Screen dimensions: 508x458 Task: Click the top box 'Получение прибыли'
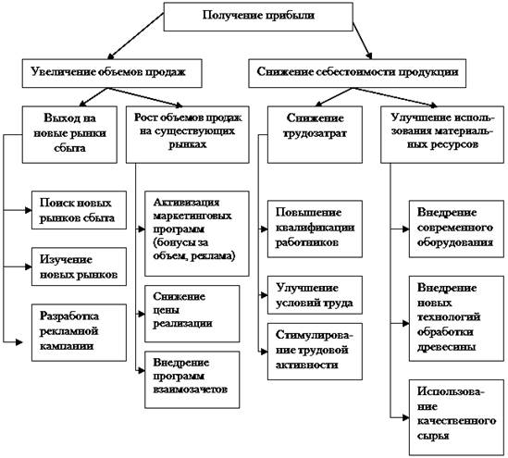click(x=258, y=17)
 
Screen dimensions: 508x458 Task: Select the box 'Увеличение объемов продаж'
click(x=112, y=73)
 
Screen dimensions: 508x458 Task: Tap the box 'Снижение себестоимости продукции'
click(x=357, y=73)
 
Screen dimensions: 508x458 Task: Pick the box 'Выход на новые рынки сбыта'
click(x=69, y=134)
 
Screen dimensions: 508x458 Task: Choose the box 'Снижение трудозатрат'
click(x=315, y=134)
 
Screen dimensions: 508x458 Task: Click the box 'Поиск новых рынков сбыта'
click(x=79, y=210)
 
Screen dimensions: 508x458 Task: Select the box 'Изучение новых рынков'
click(x=79, y=266)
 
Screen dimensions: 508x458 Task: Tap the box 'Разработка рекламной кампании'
click(x=79, y=332)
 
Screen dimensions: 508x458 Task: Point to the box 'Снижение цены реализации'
click(x=192, y=314)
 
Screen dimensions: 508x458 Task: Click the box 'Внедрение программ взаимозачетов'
click(x=192, y=379)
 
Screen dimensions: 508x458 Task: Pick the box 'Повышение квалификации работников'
click(x=315, y=229)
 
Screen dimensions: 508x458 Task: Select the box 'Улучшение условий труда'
click(x=315, y=295)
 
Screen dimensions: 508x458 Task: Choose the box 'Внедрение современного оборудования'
click(x=456, y=229)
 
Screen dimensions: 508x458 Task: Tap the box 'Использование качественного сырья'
click(x=456, y=417)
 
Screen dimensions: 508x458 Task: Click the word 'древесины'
click(x=446, y=347)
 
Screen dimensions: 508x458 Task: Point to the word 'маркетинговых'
click(x=192, y=216)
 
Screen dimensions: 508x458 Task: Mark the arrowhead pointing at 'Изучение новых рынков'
click(x=29, y=266)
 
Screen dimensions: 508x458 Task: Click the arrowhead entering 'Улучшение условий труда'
click(x=265, y=295)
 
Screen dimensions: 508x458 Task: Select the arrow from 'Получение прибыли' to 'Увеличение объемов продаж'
click(x=135, y=36)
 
